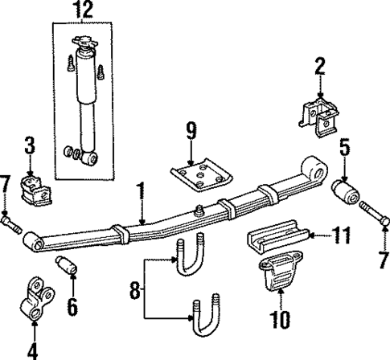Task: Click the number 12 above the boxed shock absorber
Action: [84, 10]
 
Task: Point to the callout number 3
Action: [29, 145]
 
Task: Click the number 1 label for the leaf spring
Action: [141, 191]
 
